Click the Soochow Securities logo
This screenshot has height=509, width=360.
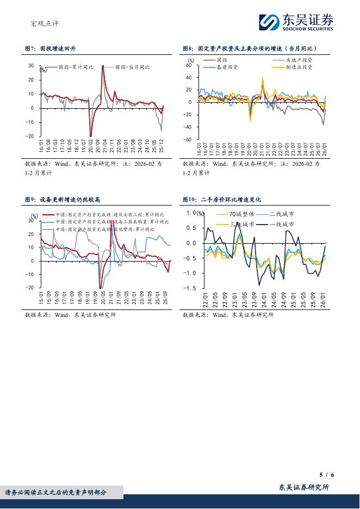click(296, 21)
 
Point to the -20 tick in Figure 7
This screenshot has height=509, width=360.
click(31, 136)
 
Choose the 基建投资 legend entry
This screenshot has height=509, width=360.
click(227, 67)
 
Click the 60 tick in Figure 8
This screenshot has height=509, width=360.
click(189, 65)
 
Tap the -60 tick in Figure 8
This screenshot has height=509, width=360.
click(188, 139)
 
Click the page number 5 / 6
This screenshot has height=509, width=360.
click(326, 475)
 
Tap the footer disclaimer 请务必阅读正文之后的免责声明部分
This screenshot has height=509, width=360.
click(56, 493)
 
